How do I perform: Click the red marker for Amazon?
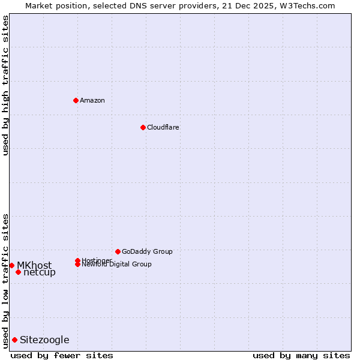(x=76, y=100)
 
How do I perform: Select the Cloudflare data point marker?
(x=143, y=127)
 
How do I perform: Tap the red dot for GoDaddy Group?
(x=118, y=251)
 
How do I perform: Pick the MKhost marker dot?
(x=11, y=265)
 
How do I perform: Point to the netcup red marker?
(x=18, y=272)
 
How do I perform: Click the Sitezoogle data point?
(x=14, y=340)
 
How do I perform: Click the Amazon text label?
(x=92, y=100)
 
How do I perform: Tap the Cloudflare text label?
(x=163, y=127)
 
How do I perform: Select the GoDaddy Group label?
(x=147, y=251)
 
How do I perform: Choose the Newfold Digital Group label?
(x=116, y=265)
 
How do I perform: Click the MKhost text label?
(x=34, y=265)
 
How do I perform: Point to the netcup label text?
(x=40, y=272)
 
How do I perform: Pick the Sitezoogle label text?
(x=44, y=340)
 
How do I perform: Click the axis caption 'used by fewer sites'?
(x=62, y=355)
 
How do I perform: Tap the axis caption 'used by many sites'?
(x=301, y=355)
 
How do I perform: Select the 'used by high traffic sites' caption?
(x=5, y=85)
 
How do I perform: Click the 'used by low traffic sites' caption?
(x=5, y=281)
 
